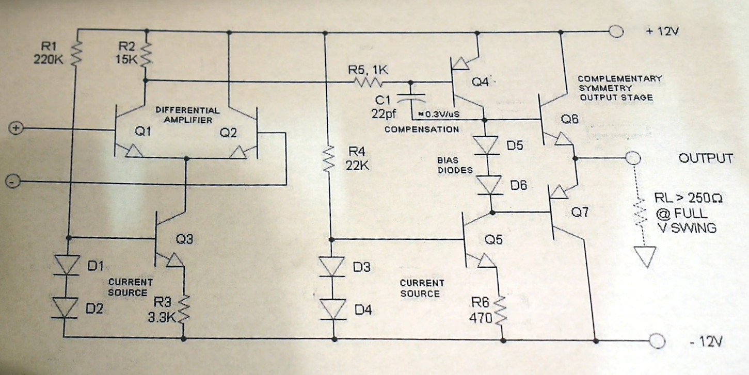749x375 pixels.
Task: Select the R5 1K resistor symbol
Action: tap(367, 81)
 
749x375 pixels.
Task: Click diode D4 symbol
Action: tap(333, 310)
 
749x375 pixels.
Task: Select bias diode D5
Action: tap(485, 145)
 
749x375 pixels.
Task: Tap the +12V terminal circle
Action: tap(616, 31)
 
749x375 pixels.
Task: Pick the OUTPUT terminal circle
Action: tap(632, 158)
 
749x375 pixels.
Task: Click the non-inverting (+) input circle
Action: tap(15, 128)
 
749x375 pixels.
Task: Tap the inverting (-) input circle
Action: tap(15, 181)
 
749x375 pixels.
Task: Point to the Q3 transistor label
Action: tap(185, 239)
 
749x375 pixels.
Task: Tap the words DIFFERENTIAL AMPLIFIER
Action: tap(187, 115)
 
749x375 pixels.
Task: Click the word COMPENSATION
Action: tap(421, 129)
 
